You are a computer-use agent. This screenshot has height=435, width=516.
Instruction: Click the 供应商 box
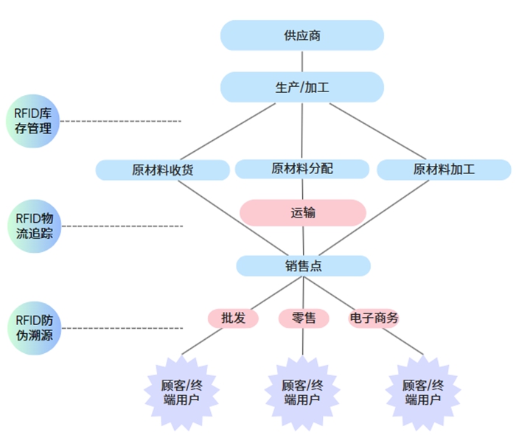302,35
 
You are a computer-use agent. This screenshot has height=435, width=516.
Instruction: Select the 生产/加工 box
302,87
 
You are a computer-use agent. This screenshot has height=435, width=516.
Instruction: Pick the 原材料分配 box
302,168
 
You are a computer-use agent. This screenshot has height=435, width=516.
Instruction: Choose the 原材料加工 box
444,170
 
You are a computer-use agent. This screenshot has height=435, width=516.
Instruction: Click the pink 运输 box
302,212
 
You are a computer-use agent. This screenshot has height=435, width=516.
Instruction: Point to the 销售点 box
302,265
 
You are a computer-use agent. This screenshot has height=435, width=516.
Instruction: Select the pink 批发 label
233,319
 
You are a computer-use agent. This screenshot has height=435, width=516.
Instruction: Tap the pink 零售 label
303,319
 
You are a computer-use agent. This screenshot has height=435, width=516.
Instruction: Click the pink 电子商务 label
373,319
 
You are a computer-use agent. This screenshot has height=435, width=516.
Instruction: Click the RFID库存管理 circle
33,121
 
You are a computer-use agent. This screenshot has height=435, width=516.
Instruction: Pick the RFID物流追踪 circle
33,225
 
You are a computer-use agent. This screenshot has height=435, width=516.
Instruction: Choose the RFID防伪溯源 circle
33,328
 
